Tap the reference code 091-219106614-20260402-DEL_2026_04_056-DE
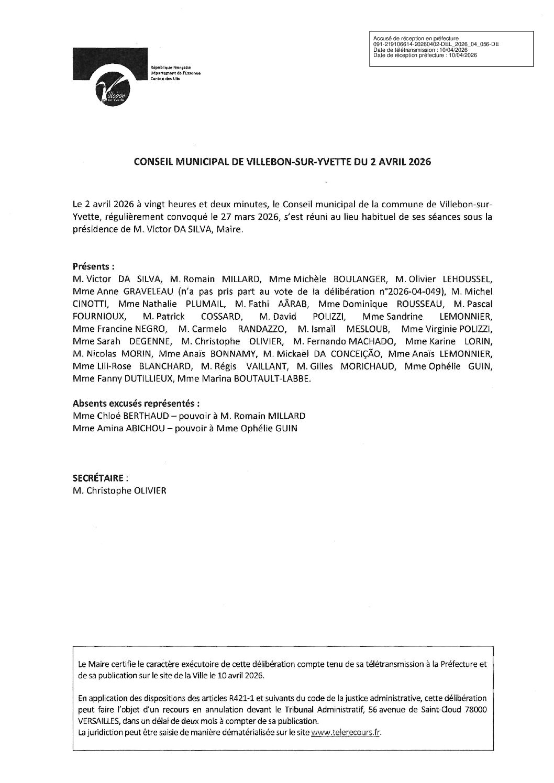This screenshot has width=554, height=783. (435, 45)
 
